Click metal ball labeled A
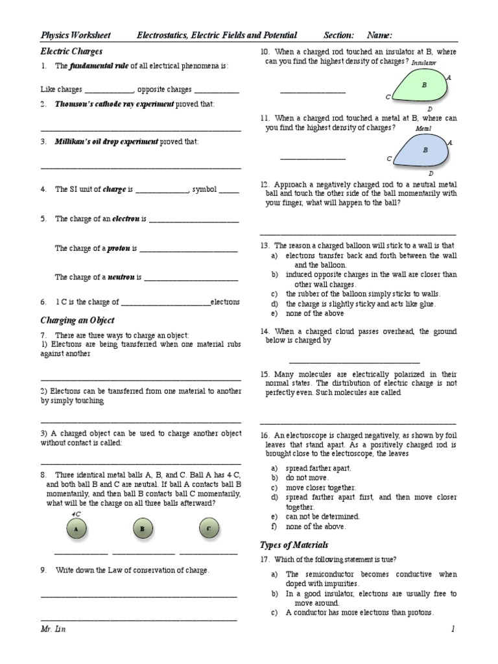[x=77, y=529]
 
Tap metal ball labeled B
[x=142, y=529]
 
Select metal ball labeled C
[x=208, y=529]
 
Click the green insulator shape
[x=423, y=85]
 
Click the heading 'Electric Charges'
[x=71, y=51]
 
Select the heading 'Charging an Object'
[x=77, y=320]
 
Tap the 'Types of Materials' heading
[x=294, y=545]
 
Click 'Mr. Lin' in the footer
[x=53, y=629]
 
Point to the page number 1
[x=454, y=629]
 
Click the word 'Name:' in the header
[x=380, y=35]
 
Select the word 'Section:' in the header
[x=338, y=35]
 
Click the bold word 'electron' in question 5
[x=126, y=219]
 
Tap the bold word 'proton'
[x=119, y=248]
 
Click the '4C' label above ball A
[x=76, y=513]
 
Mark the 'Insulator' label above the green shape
[x=424, y=62]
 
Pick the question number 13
[x=265, y=246]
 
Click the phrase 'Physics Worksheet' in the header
[x=75, y=35]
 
